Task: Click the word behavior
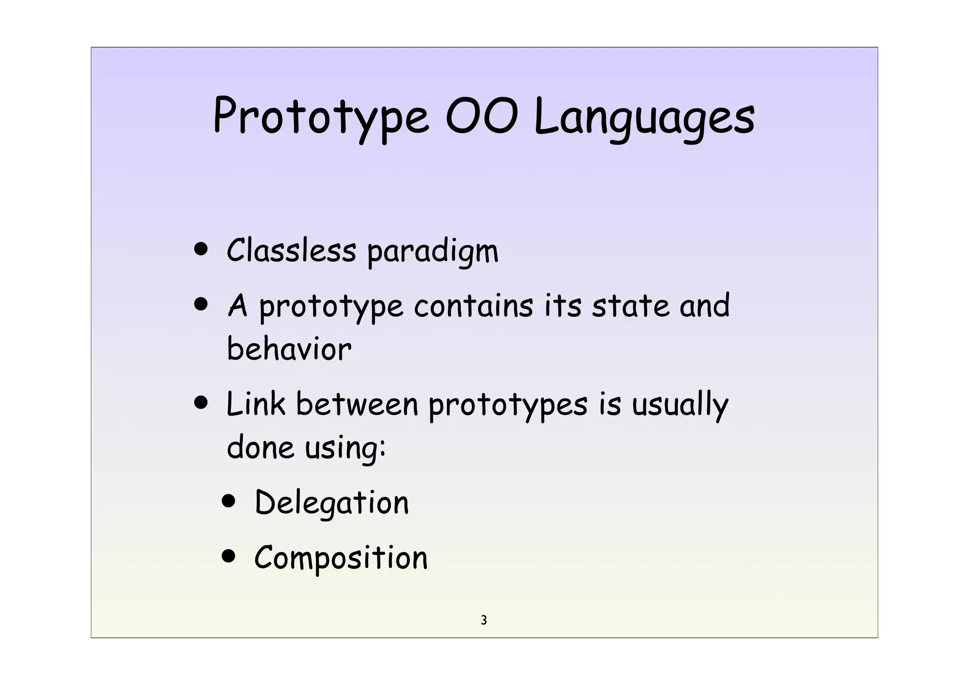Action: (x=289, y=349)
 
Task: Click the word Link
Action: (x=256, y=404)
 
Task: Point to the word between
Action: (x=357, y=404)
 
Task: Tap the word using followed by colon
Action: (x=345, y=447)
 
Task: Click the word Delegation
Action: (x=331, y=503)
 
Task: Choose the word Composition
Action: (x=341, y=558)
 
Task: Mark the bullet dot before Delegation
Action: (x=229, y=502)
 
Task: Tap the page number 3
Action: (x=484, y=620)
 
